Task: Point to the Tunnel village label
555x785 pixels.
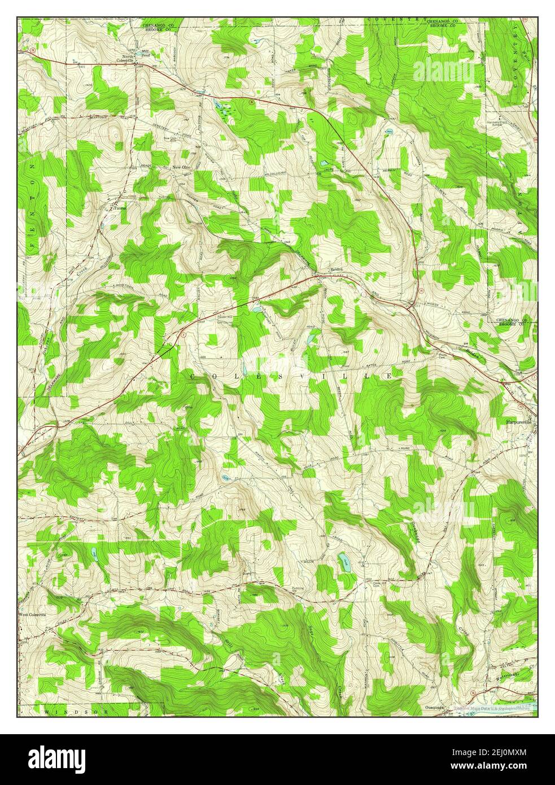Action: [120, 207]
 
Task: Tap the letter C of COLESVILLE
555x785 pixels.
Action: [193, 376]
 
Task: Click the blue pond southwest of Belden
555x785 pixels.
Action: [257, 309]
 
